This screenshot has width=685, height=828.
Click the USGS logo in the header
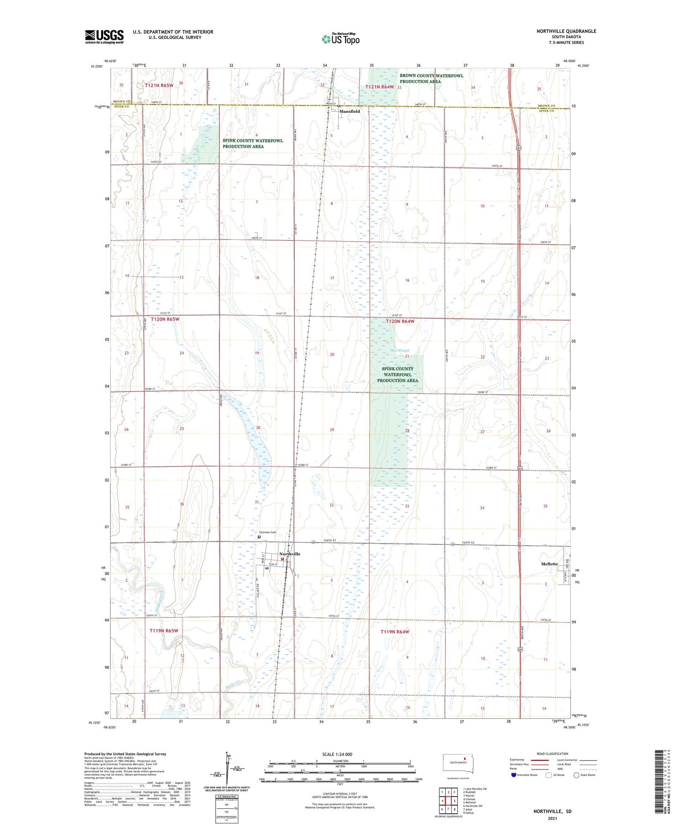104,37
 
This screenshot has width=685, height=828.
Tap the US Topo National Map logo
341,39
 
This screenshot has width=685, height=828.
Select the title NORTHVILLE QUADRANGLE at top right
566,31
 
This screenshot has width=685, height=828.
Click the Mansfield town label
349,111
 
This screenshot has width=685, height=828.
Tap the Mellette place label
549,564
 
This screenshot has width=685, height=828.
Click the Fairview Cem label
268,532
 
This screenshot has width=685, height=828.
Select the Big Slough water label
400,351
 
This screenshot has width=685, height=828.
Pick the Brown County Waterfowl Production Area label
431,79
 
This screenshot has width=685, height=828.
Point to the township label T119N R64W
395,632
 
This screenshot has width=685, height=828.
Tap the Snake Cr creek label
233,685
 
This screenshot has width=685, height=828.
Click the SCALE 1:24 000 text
337,754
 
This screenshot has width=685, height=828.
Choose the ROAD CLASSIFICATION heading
552,754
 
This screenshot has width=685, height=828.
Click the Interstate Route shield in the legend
514,775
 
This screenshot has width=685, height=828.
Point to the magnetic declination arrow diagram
228,770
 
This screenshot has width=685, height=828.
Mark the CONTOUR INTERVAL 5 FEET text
340,794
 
